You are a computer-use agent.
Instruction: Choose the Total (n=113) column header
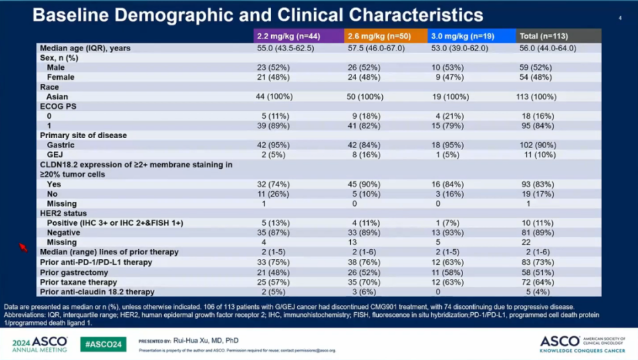coord(544,36)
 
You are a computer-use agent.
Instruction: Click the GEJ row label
coord(56,154)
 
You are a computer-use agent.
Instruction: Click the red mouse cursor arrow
coord(23,247)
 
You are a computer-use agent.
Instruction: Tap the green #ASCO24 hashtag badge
coord(103,344)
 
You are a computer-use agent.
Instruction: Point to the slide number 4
coord(619,18)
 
